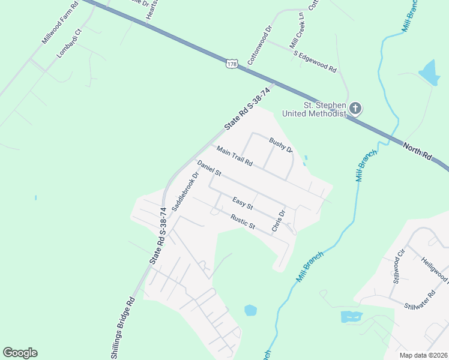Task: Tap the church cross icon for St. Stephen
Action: [x=355, y=109]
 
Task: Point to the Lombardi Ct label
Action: [x=69, y=43]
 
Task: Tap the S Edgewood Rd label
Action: [x=315, y=62]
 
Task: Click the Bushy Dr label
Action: [x=280, y=145]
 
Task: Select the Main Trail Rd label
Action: [x=235, y=156]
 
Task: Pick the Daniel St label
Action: [x=209, y=169]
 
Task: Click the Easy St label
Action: [x=243, y=203]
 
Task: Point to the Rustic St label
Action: [x=244, y=222]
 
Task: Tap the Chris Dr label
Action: [x=278, y=221]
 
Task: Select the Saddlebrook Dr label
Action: [x=185, y=192]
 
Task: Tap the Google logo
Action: [x=20, y=353]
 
